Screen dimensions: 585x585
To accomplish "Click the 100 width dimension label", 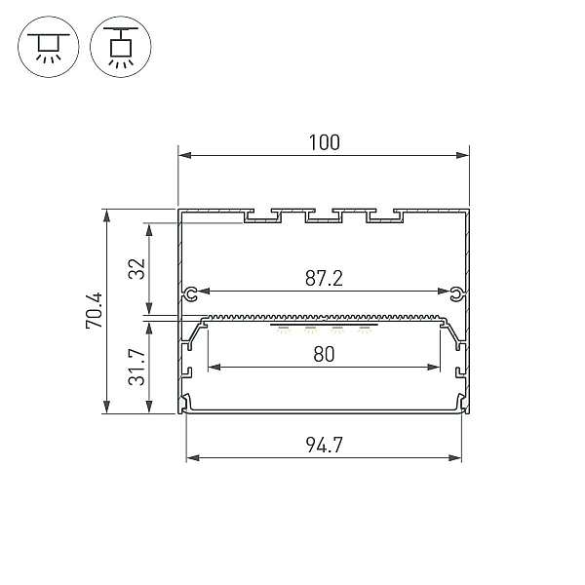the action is coord(325,142).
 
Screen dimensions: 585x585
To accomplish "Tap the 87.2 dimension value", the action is coord(324,278).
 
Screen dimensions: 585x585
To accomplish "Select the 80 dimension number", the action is coord(324,355).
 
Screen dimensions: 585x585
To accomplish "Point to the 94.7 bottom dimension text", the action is coord(324,445).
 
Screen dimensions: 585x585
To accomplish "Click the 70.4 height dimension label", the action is coord(94,310).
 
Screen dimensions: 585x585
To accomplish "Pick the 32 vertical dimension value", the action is coord(136,269).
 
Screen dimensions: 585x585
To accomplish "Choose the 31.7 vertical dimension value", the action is coord(136,368).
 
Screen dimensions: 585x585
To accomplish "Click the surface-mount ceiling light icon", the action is coord(49,47).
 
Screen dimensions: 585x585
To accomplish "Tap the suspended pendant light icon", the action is coord(121,47).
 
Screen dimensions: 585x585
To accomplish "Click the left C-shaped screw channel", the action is coord(191,294).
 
